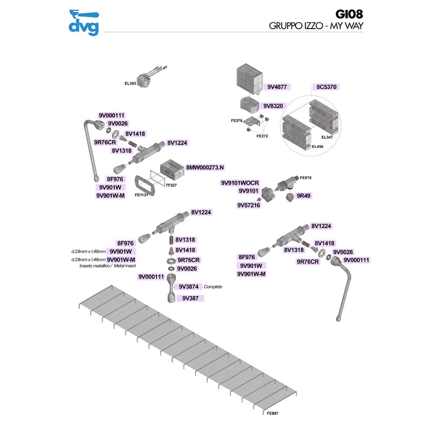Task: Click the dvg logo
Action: [x=84, y=23]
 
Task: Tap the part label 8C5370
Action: [x=327, y=86]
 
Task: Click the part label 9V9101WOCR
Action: [x=240, y=183]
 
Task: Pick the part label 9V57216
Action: [x=249, y=205]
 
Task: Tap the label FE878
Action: [x=306, y=178]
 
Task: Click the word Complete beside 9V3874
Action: [x=213, y=287]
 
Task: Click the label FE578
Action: [x=237, y=120]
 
